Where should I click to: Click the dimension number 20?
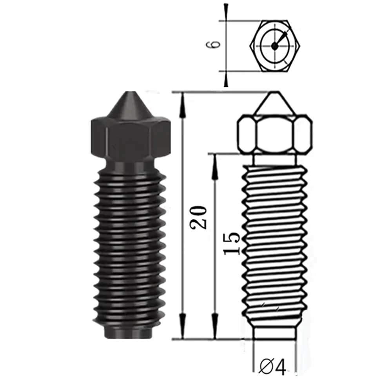198,217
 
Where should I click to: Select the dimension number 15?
232,243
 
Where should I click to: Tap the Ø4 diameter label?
273,367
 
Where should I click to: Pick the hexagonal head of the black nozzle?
131,139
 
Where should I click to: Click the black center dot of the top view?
275,46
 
